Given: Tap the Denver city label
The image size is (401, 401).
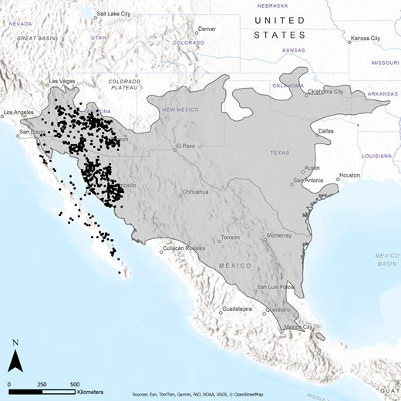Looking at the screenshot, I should pos(207,29).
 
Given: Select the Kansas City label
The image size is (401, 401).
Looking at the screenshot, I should pos(366,38).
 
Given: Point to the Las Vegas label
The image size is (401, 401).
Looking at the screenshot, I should pos(64,81).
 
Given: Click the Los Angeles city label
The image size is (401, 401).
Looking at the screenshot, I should pos(20,113).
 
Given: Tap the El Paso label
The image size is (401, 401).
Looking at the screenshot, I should pos(186,146).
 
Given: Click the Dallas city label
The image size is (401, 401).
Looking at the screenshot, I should pos(326,131).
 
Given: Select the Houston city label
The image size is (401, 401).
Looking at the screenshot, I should pos(349,175).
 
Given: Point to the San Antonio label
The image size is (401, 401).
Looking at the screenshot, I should pos(307,180).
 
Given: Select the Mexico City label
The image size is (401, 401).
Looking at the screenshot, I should pos(296,328).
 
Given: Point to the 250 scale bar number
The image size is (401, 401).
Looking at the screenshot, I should pos(42,384).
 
